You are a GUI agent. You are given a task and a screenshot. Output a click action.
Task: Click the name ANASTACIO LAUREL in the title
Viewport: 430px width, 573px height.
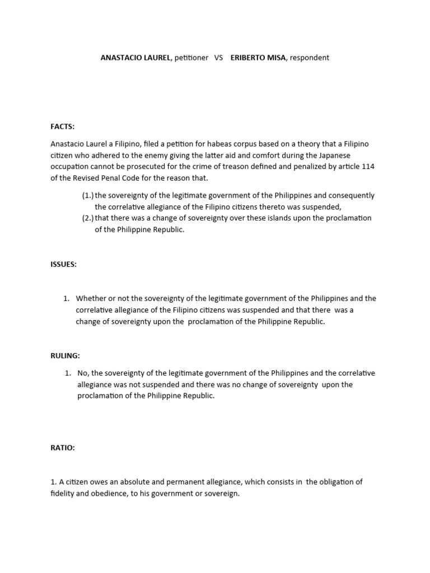(x=135, y=58)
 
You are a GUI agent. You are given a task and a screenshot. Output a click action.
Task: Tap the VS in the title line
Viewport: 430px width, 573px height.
(x=218, y=58)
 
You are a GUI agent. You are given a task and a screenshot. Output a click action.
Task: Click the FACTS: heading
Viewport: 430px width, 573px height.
(x=62, y=127)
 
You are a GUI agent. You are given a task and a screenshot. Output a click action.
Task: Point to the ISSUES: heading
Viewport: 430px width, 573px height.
(x=63, y=265)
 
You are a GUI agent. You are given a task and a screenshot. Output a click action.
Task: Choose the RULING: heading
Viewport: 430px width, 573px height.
(x=65, y=355)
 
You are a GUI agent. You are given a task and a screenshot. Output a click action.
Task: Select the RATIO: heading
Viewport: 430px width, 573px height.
(x=63, y=448)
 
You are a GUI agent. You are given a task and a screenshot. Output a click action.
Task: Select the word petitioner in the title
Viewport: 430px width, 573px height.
(x=191, y=58)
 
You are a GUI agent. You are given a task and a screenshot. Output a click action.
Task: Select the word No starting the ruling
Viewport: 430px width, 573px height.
(x=83, y=373)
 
